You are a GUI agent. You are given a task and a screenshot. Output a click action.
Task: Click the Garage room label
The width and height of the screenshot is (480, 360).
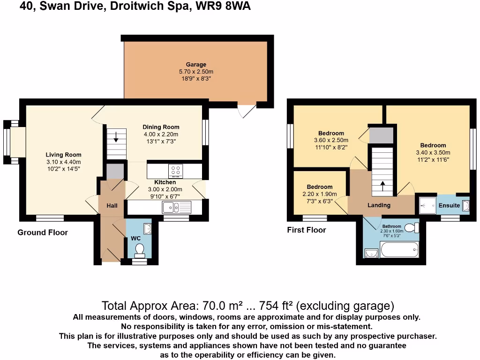pos(196,65)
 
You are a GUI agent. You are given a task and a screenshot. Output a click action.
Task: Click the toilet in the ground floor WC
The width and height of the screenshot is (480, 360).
pos(139,254)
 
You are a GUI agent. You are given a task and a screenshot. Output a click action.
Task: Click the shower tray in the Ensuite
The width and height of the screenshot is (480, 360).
pos(427,205)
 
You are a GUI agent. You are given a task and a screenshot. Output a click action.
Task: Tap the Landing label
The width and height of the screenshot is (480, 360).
pos(379,205)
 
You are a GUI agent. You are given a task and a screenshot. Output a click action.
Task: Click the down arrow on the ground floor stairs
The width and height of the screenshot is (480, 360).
pos(116,138)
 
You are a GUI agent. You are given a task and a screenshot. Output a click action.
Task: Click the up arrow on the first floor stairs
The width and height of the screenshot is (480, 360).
pos(382,186)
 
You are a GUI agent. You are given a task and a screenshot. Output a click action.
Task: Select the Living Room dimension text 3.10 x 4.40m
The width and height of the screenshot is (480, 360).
pos(63,162)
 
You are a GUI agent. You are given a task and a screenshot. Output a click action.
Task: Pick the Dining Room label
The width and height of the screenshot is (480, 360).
pos(161,127)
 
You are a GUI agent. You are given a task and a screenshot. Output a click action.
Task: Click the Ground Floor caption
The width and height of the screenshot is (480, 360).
pos(43,232)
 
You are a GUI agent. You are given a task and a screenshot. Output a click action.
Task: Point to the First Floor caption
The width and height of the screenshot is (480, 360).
pos(306,230)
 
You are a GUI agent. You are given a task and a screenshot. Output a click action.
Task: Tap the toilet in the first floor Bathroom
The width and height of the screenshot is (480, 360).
pos(411,228)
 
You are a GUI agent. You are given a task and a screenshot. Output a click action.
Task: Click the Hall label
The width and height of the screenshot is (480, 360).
pos(112,205)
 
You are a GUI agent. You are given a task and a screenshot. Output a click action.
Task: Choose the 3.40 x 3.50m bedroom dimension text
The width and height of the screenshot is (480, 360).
pos(433,152)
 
